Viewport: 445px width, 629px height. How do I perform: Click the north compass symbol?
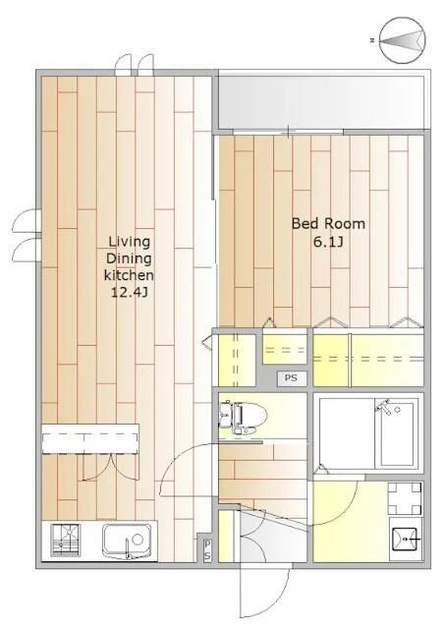tap(402, 40)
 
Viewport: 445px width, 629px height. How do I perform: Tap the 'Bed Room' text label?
tap(328, 223)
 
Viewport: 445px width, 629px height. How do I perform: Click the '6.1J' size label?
tap(328, 242)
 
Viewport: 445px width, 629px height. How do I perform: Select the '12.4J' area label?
tap(129, 293)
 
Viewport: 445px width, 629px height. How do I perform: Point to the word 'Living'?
tap(130, 242)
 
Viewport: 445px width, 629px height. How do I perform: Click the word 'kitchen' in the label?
tap(129, 275)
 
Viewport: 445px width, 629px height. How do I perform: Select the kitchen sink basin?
tap(127, 540)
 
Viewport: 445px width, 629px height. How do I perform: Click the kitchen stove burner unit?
tap(66, 540)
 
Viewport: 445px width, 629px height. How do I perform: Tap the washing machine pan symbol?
tap(405, 498)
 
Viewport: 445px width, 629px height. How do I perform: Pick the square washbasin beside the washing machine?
tap(406, 540)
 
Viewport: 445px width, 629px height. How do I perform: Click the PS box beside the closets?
tap(292, 377)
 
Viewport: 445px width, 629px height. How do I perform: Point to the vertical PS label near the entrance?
tap(207, 550)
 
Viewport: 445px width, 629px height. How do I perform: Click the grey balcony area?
tap(320, 101)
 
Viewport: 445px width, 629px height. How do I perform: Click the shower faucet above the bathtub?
tap(385, 407)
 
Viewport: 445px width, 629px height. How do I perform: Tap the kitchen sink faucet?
tap(128, 548)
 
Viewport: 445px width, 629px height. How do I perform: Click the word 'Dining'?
tap(129, 258)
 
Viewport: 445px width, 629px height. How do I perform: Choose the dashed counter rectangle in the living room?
tap(90, 438)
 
